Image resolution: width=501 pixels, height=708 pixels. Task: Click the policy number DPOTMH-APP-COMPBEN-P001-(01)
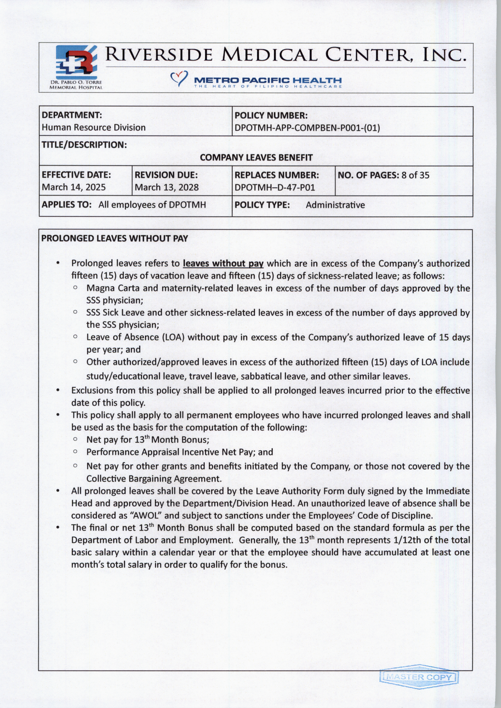tap(307, 128)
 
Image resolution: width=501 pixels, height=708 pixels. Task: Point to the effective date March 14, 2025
tap(74, 187)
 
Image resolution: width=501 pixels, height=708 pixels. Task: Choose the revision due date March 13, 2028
tap(167, 187)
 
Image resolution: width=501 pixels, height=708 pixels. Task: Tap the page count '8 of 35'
tap(415, 175)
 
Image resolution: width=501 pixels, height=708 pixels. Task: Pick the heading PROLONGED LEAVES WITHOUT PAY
tap(115, 238)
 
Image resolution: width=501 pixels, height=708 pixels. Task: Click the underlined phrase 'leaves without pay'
tap(223, 264)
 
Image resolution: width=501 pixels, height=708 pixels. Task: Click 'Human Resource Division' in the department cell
tap(94, 128)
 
